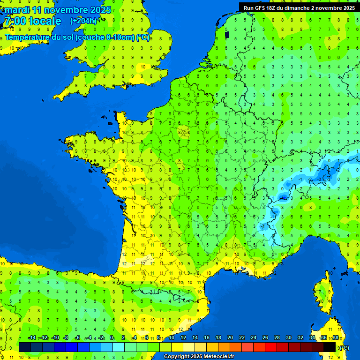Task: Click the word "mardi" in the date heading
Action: point(17,10)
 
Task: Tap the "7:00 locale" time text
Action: point(32,21)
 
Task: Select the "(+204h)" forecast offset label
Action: point(83,21)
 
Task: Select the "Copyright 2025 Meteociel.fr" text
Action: point(199,357)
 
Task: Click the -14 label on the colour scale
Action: point(32,338)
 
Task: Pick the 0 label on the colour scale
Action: point(112,338)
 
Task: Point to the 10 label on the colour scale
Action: point(172,338)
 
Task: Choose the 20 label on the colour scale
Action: point(230,338)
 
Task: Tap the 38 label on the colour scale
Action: point(335,338)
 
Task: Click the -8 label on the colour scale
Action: point(66,338)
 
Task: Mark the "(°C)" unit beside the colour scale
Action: point(344,348)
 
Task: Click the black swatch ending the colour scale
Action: point(330,347)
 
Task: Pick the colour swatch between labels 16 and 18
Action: point(212,347)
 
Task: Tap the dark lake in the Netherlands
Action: point(227,34)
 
